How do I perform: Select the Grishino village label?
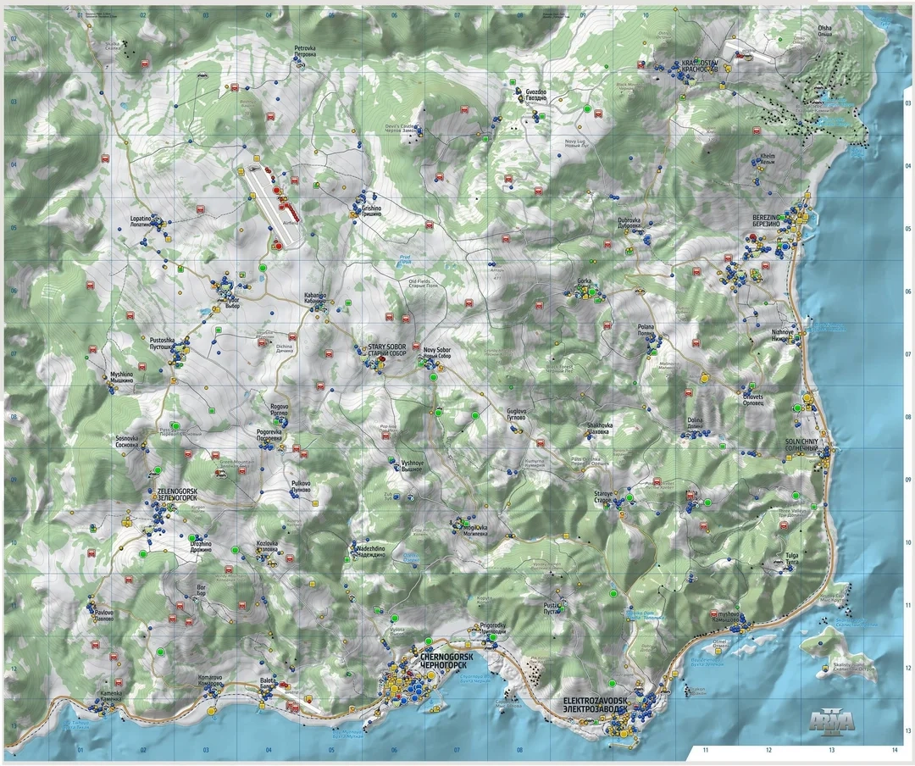tap(371, 210)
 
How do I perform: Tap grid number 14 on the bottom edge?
tap(894, 749)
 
